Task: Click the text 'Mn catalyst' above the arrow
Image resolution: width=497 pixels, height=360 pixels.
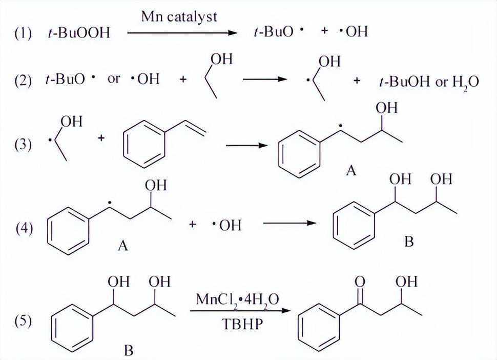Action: tap(179, 16)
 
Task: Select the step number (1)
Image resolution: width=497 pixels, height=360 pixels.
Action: tap(23, 33)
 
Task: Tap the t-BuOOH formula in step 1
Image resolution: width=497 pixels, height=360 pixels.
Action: tap(78, 33)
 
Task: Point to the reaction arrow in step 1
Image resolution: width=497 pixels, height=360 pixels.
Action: tap(182, 32)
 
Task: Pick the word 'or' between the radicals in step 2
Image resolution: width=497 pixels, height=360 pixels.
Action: tap(114, 78)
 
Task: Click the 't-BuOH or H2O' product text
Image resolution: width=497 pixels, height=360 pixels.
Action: tap(429, 83)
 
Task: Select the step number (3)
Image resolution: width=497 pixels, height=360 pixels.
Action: tap(23, 145)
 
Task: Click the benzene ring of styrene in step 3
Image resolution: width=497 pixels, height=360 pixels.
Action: tap(144, 144)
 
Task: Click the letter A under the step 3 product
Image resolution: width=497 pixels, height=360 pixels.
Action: tap(351, 171)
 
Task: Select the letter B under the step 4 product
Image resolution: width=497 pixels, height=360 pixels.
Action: tap(409, 242)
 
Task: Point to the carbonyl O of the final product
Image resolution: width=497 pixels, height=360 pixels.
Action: tap(360, 282)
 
